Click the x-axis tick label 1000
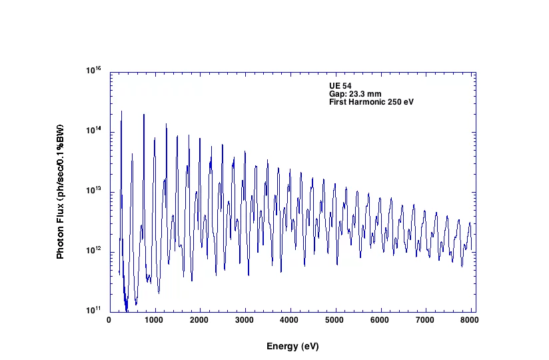[x=155, y=321]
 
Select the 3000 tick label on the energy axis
[x=245, y=321]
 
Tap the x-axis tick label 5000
[x=336, y=321]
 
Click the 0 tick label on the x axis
[x=109, y=321]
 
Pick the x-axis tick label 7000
[x=426, y=321]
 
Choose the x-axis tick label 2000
[x=200, y=321]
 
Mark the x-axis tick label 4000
[x=290, y=321]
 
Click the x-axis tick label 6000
[x=381, y=321]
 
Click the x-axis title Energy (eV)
[x=292, y=347]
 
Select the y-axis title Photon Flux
[x=61, y=191]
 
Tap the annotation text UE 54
[x=340, y=86]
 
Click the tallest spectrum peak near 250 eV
[x=121, y=112]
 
